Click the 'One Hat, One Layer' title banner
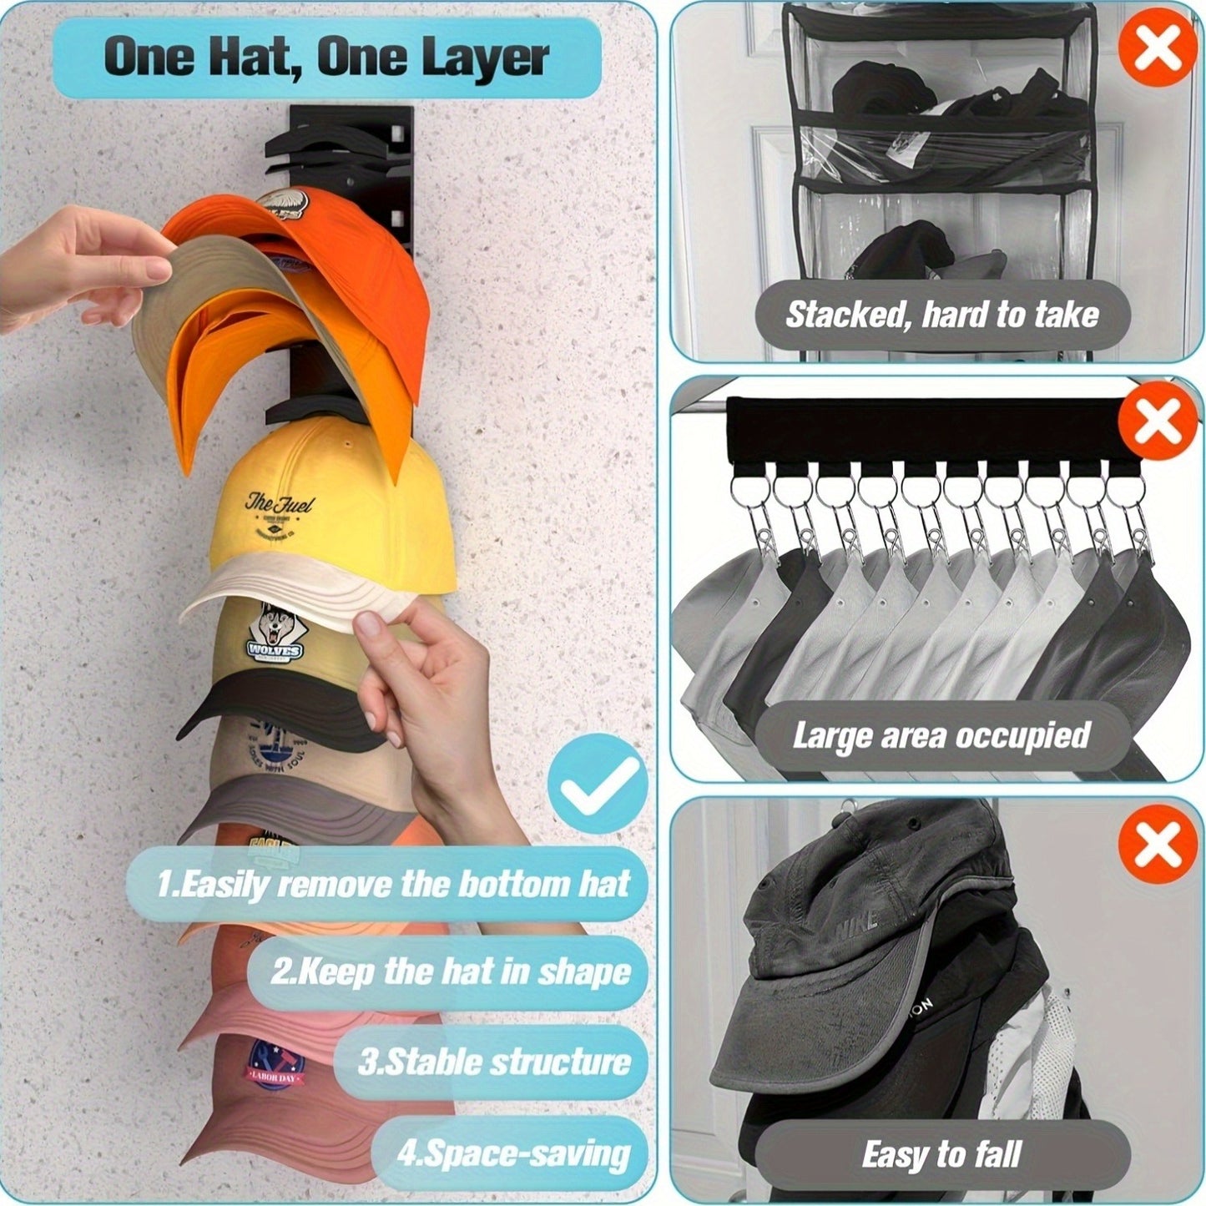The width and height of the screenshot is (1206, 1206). point(326,58)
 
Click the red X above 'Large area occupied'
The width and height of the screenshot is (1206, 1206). point(1156,422)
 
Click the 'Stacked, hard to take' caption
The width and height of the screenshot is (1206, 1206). point(941,315)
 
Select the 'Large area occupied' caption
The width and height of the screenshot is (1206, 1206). point(941,736)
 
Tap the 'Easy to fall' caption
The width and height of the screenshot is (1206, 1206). point(941,1155)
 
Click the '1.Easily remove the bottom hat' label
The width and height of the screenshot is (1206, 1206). point(392,884)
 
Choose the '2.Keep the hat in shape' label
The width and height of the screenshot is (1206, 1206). point(450,972)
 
